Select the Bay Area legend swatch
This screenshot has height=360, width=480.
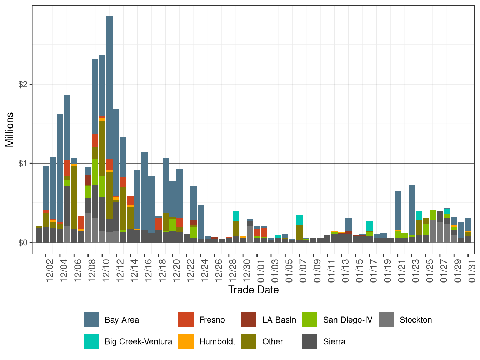coord(91,320)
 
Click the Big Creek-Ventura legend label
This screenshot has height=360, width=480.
coord(138,341)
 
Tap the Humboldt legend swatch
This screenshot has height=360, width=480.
coord(186,341)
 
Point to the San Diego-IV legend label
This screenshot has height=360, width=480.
coord(347,320)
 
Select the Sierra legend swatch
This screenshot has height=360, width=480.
coord(310,341)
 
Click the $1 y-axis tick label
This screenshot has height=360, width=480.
coord(23,164)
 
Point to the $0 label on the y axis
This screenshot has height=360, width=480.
coord(23,243)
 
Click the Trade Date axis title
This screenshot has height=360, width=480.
coord(253,290)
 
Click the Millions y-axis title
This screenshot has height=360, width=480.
coord(9,129)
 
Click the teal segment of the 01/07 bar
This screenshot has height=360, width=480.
coord(299,220)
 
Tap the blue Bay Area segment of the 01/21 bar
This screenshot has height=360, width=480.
coord(398,211)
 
